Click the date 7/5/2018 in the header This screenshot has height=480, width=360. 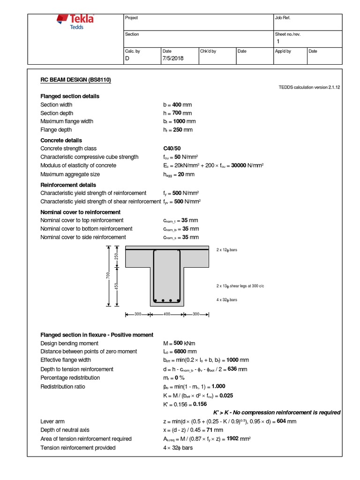[173, 59]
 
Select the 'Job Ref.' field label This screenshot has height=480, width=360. [283, 18]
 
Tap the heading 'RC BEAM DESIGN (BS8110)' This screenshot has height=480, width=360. [75, 80]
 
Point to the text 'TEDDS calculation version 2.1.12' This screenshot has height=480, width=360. [309, 87]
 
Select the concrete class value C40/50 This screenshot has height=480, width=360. [172, 149]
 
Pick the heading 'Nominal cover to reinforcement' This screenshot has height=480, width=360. [81, 212]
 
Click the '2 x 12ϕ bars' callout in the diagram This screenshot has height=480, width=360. [227, 250]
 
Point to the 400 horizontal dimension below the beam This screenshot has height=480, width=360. [166, 315]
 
